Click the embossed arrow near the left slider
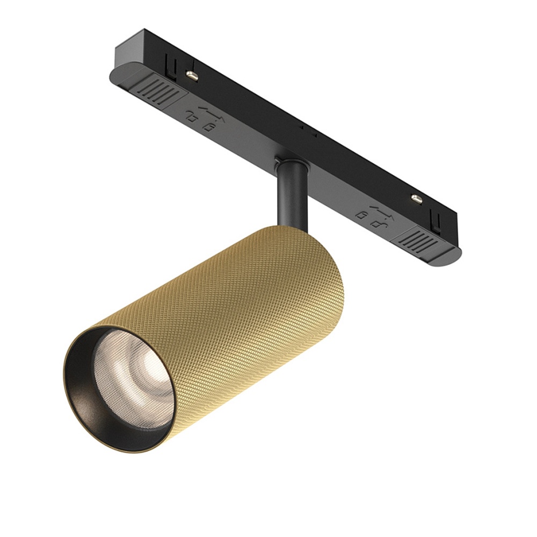[203, 108]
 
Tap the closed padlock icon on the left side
[207, 126]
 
